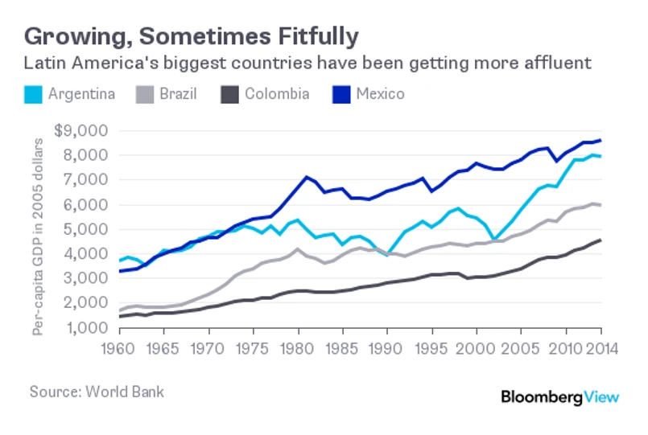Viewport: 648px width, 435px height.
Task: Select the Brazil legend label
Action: [177, 95]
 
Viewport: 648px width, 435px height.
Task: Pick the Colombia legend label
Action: [277, 95]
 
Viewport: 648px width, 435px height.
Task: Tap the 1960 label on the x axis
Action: [119, 351]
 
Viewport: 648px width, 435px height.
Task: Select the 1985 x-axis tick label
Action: [342, 351]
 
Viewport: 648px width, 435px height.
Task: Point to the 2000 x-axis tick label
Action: [476, 351]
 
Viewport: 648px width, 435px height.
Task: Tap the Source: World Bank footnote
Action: [97, 392]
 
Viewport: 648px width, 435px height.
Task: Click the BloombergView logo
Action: [560, 396]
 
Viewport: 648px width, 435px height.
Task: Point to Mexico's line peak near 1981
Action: [306, 177]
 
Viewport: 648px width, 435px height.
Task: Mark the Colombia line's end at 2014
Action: [601, 240]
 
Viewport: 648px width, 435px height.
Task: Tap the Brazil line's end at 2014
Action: [601, 205]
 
